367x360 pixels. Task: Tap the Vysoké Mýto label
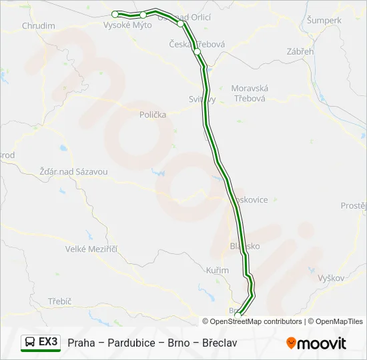[x=127, y=25]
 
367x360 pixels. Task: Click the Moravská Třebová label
[x=249, y=93]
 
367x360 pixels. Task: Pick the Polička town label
[x=153, y=115]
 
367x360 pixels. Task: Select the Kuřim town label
[x=218, y=271]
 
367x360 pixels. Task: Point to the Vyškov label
[x=331, y=278]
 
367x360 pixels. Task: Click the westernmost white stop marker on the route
[x=115, y=14]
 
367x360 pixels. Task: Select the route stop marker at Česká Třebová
[x=197, y=51]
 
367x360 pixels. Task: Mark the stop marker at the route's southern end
[x=238, y=307]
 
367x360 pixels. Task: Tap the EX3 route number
[x=49, y=342]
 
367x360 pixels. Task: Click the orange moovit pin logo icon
[x=291, y=343]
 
